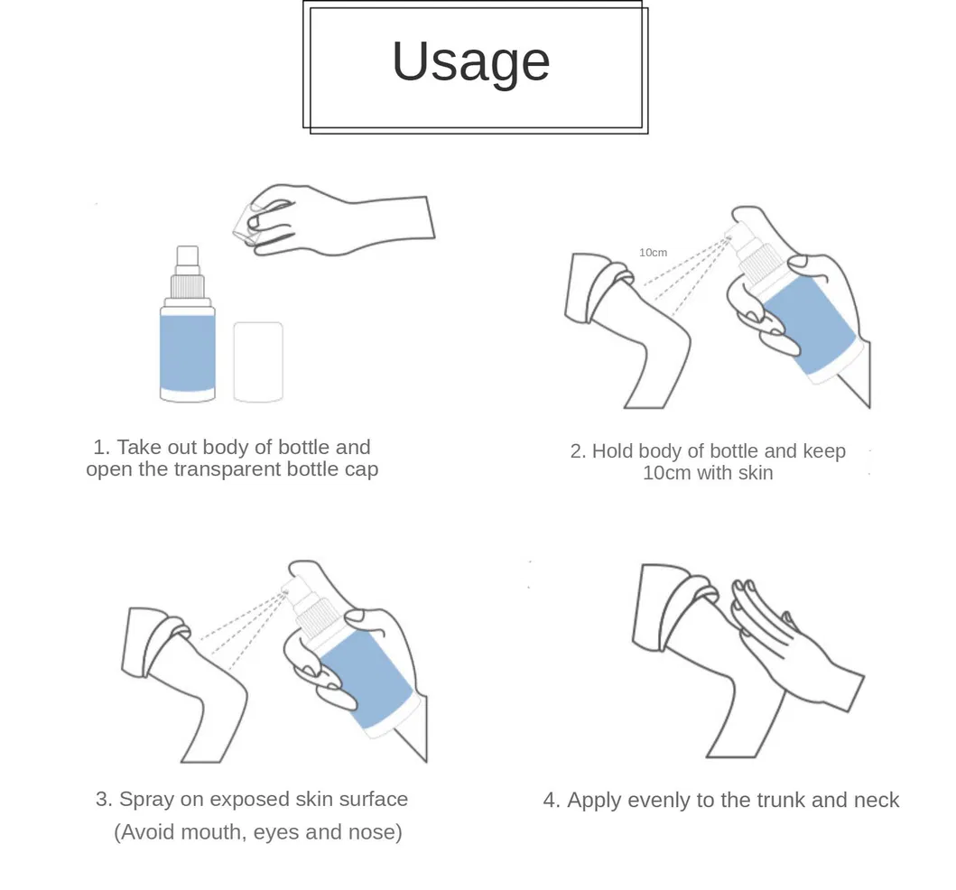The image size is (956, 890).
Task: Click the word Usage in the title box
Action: point(470,61)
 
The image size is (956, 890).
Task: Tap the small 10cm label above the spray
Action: point(653,253)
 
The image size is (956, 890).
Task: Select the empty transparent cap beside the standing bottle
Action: point(258,361)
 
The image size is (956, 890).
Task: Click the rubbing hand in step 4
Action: point(794,650)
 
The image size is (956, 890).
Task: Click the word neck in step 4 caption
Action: point(877,800)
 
